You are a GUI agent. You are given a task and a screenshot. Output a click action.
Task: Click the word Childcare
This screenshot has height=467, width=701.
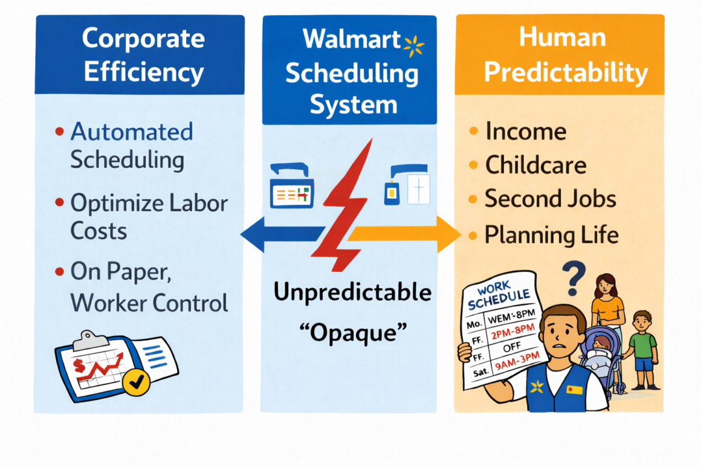pyautogui.click(x=535, y=165)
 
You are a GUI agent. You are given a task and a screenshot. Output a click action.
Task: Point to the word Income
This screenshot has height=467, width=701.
pyautogui.click(x=526, y=131)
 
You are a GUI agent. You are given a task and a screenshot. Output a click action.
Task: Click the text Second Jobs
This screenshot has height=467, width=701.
pyautogui.click(x=550, y=199)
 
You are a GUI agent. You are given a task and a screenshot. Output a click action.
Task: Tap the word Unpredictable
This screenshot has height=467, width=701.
pyautogui.click(x=353, y=292)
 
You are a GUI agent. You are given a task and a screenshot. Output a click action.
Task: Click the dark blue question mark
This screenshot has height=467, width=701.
pyautogui.click(x=575, y=274)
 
